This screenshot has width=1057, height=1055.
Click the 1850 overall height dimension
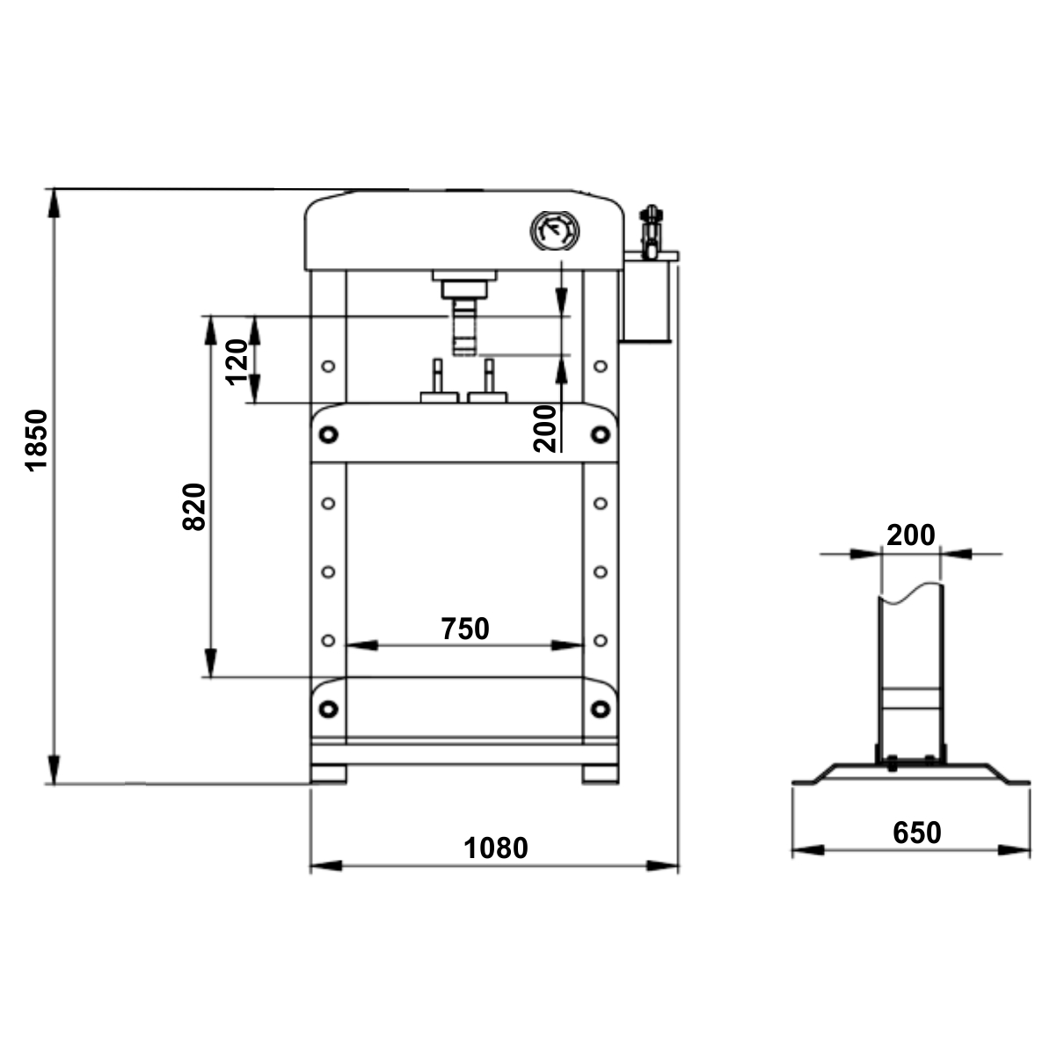[x=37, y=440]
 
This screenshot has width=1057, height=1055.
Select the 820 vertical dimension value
[x=193, y=507]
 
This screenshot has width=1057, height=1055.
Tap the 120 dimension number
[x=237, y=362]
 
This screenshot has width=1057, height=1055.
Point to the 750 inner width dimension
[x=465, y=629]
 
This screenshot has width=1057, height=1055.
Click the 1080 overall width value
[x=496, y=848]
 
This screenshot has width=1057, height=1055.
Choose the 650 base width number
[x=917, y=833]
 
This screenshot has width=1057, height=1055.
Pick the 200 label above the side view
[x=911, y=535]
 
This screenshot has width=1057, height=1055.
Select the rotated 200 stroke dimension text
[x=544, y=428]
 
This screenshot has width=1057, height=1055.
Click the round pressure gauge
[x=555, y=231]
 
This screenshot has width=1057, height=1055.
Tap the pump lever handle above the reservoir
[x=651, y=230]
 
